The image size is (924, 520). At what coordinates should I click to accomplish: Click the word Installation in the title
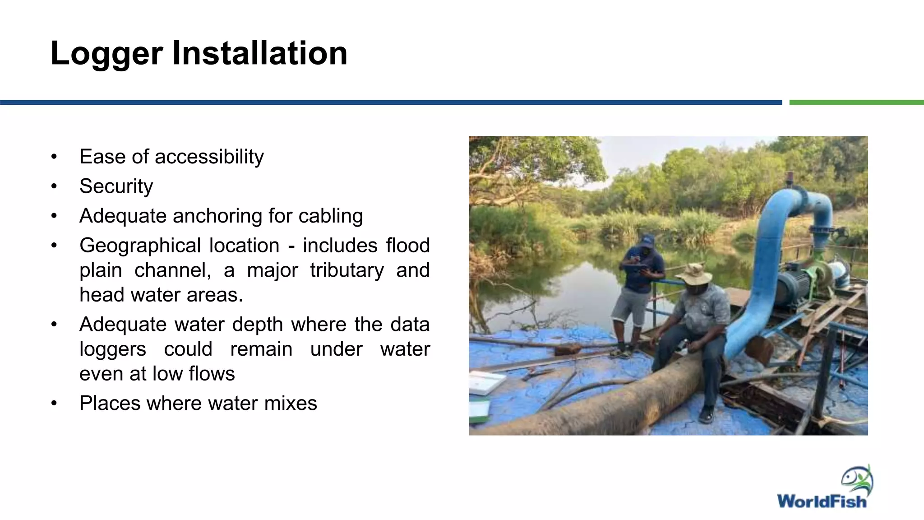[x=259, y=53]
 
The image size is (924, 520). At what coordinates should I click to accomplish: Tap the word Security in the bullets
[x=116, y=186]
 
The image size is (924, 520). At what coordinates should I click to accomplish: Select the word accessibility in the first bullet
[x=209, y=157]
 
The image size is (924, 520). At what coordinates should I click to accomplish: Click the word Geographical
[x=140, y=246]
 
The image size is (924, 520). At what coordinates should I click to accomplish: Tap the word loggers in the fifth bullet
[x=113, y=349]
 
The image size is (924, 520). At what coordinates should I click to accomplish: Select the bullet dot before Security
[x=54, y=186]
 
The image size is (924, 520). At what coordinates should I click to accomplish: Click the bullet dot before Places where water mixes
[x=54, y=403]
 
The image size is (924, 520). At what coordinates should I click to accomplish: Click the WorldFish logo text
[x=821, y=501]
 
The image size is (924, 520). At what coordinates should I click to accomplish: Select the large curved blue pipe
[x=767, y=253]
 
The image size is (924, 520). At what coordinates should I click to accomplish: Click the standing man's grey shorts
[x=631, y=306]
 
